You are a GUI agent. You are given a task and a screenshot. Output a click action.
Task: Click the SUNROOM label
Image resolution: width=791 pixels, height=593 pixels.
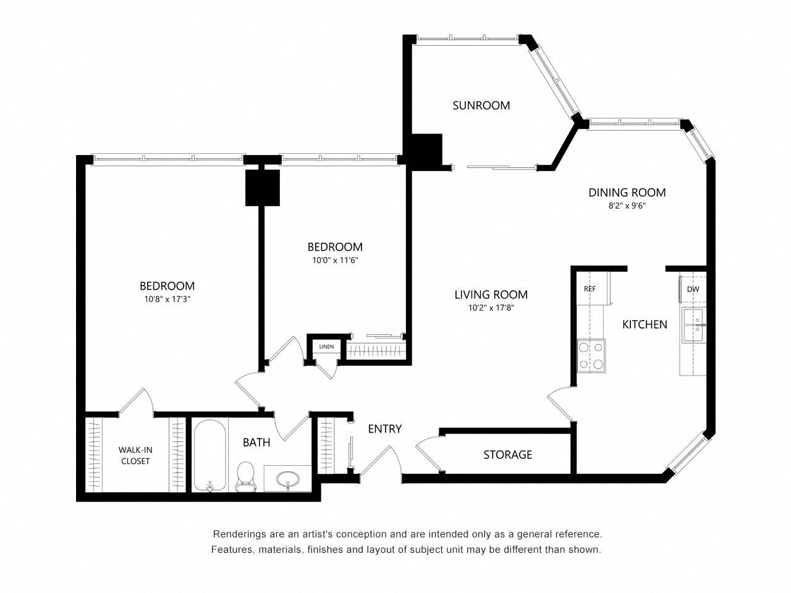[481, 105]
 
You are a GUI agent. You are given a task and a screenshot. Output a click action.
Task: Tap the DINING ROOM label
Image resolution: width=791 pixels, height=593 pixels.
[627, 193]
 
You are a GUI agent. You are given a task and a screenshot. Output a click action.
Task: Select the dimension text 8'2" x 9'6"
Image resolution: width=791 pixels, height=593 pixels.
[627, 206]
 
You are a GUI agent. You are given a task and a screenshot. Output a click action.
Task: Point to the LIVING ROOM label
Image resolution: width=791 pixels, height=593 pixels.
[491, 295]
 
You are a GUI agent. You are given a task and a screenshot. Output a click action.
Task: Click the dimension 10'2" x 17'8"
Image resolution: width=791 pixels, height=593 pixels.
[491, 308]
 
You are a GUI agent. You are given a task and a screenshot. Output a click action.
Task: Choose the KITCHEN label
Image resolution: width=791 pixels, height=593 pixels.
[644, 324]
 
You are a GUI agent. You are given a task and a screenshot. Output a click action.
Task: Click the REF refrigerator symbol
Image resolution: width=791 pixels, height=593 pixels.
[590, 288]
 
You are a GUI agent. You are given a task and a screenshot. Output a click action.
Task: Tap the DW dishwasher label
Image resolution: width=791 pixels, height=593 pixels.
[693, 289]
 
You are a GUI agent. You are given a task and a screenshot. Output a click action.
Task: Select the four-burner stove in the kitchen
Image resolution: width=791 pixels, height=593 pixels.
[591, 356]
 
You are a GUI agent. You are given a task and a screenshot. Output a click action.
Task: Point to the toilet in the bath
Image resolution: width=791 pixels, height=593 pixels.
[246, 476]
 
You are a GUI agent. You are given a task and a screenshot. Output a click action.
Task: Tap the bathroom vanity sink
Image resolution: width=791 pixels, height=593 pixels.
[288, 479]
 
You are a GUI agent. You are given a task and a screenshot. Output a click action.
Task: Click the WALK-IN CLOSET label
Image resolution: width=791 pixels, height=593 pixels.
[135, 455]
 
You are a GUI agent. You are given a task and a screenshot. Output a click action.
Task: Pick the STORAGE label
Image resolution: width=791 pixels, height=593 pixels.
[507, 455]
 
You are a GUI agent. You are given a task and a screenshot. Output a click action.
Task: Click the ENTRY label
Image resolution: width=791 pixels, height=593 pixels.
[384, 429]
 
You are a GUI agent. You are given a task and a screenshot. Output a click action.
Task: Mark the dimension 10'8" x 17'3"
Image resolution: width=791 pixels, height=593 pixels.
[167, 300]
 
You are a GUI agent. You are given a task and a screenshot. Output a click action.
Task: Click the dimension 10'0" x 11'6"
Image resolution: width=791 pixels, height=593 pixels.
[335, 261]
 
